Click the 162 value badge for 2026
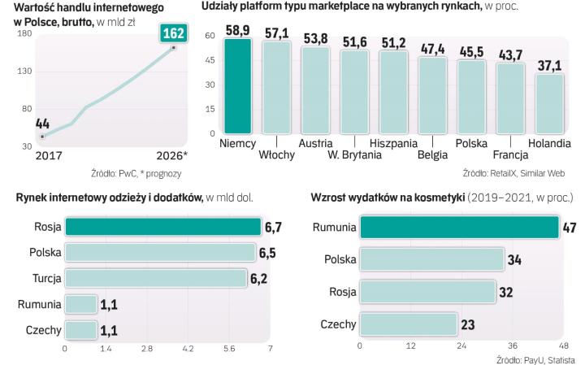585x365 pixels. [x=173, y=34]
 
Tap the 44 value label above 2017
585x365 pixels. [x=43, y=124]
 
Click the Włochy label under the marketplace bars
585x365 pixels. [x=276, y=155]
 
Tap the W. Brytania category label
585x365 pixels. [x=355, y=155]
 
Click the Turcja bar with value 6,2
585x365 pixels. [x=155, y=279]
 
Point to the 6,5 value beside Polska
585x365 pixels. [x=267, y=253]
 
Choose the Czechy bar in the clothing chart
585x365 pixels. [x=80, y=330]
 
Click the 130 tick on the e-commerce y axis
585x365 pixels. [x=24, y=72]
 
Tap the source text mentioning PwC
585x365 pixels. [x=136, y=173]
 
